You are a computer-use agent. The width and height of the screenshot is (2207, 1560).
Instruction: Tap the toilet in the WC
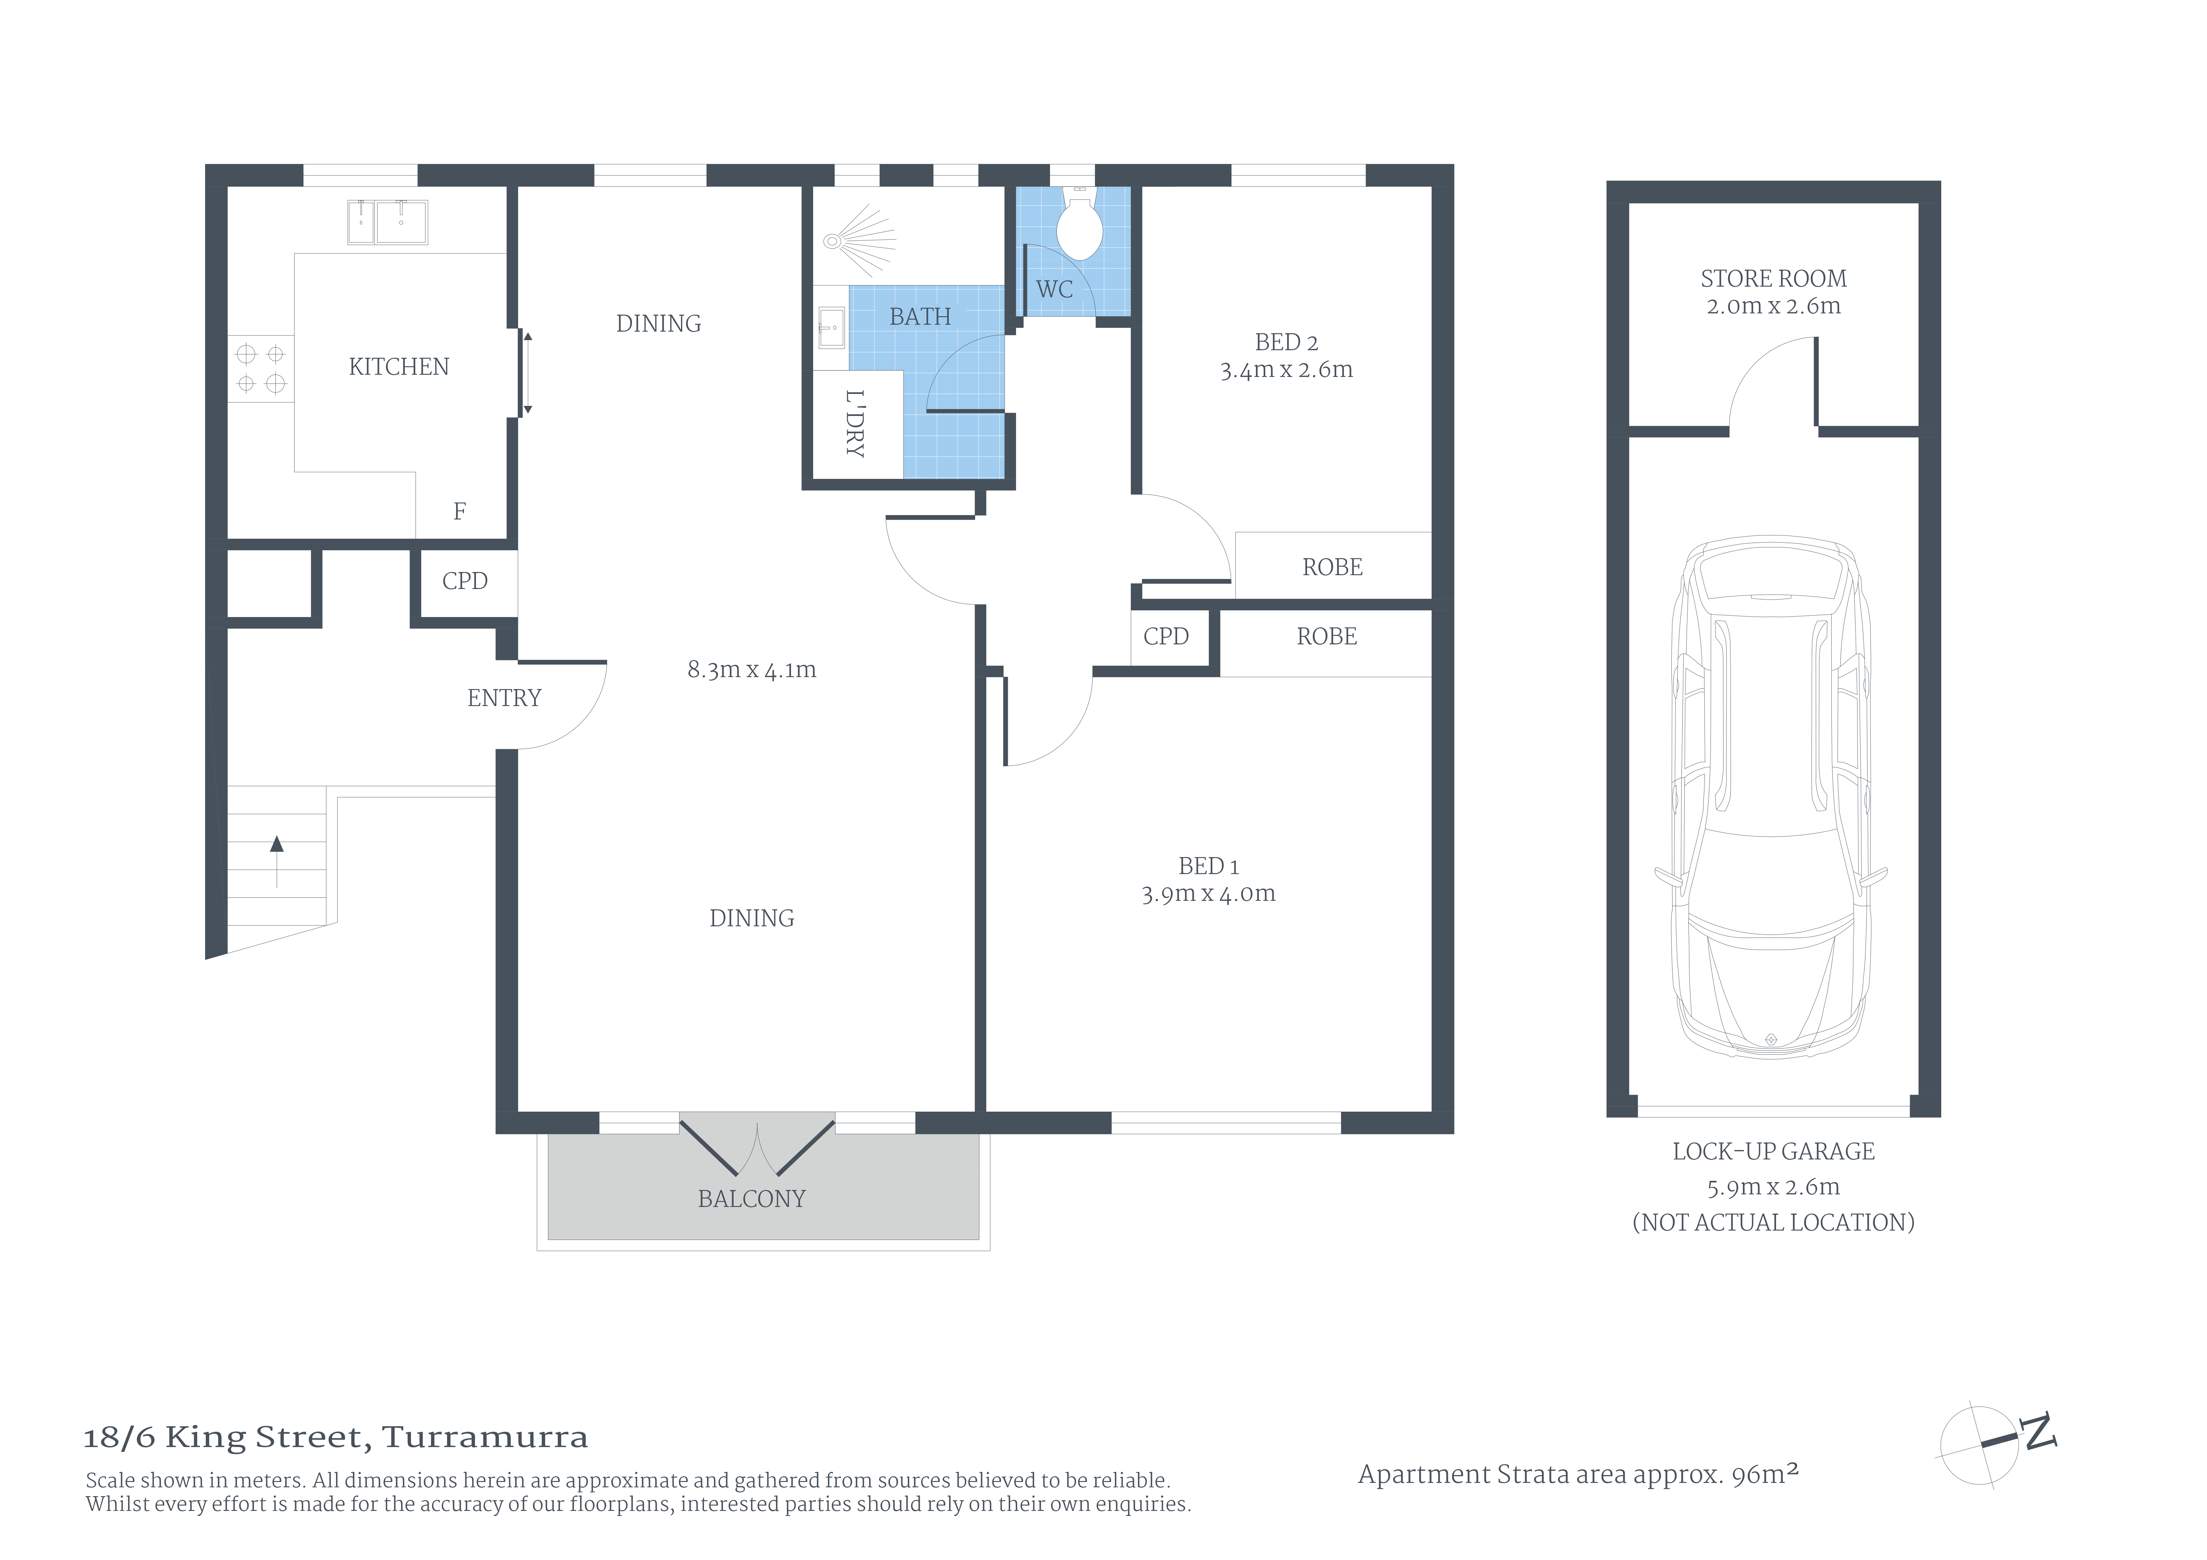pyautogui.click(x=1080, y=224)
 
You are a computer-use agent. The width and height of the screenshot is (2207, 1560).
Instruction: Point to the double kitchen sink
pyautogui.click(x=387, y=222)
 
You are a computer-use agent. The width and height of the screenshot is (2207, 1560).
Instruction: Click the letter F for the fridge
pyautogui.click(x=460, y=511)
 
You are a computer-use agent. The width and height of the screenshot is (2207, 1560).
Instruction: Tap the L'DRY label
pyautogui.click(x=855, y=424)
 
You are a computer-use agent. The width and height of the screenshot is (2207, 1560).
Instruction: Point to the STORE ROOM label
pyautogui.click(x=1774, y=279)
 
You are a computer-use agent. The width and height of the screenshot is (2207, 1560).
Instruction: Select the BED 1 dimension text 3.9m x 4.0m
pyautogui.click(x=1208, y=894)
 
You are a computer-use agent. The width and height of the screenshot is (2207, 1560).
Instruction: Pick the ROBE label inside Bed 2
pyautogui.click(x=1332, y=567)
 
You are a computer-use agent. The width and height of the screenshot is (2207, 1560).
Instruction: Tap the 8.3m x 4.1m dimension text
pyautogui.click(x=752, y=670)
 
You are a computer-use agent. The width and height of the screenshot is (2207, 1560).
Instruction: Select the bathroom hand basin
pyautogui.click(x=831, y=328)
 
